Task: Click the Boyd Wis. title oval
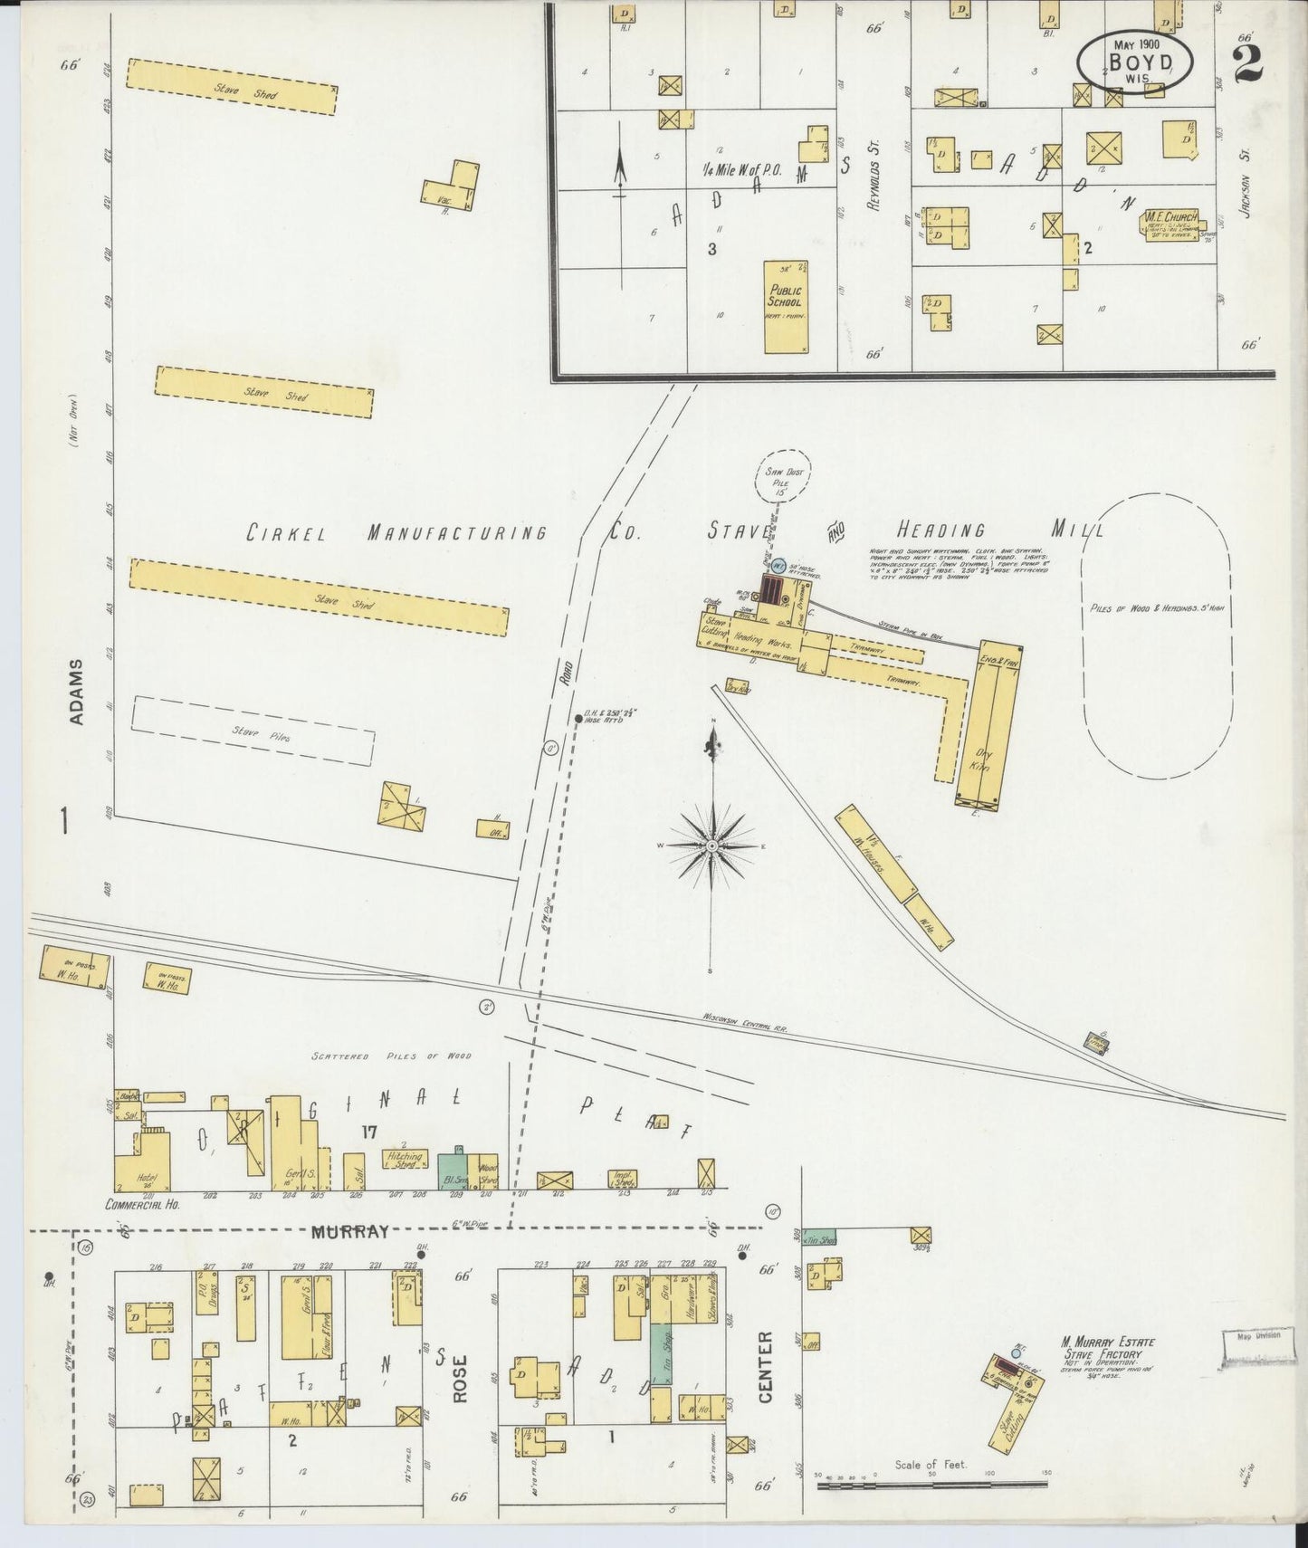click(1134, 61)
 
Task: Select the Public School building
click(786, 307)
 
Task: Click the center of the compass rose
click(713, 846)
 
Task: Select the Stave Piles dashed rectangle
click(253, 731)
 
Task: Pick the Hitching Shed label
click(404, 1160)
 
